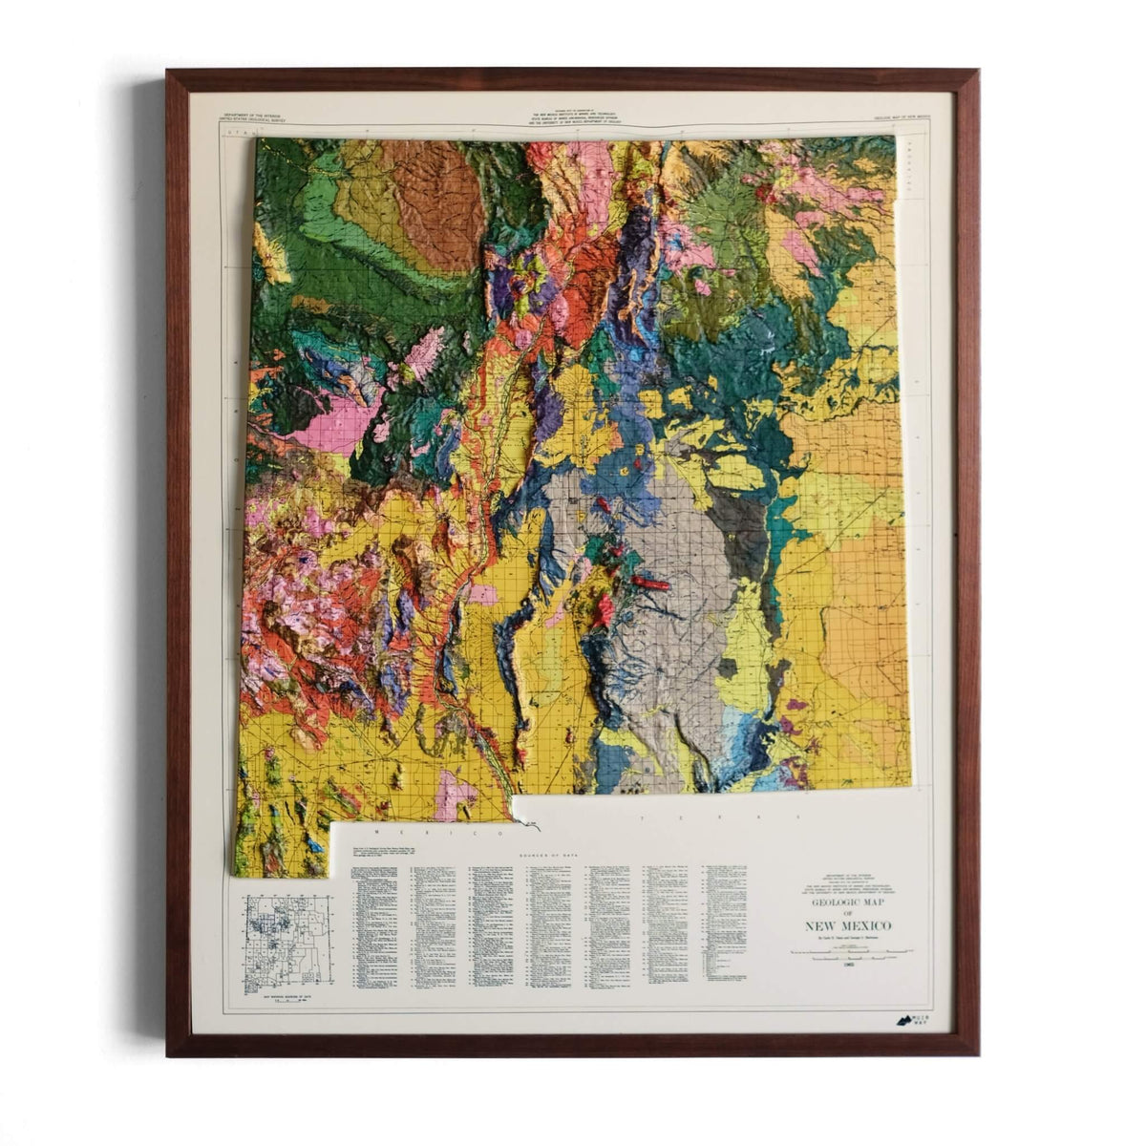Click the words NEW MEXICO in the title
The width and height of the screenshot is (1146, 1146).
[848, 925]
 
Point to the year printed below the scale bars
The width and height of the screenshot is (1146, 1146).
[848, 965]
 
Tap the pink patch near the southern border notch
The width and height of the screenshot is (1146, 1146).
[456, 795]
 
